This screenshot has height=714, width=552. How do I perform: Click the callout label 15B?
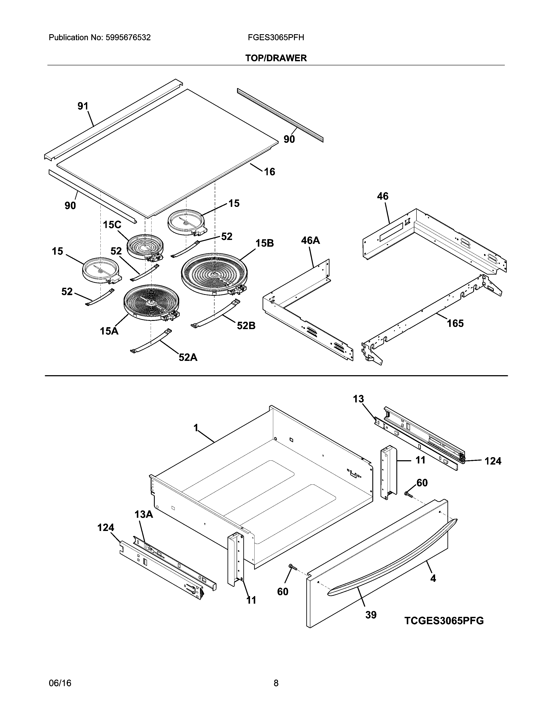pyautogui.click(x=264, y=243)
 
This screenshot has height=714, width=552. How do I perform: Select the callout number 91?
pyautogui.click(x=83, y=106)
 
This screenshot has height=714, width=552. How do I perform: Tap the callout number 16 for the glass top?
pyautogui.click(x=270, y=172)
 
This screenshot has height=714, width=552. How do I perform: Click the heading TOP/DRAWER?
pyautogui.click(x=276, y=58)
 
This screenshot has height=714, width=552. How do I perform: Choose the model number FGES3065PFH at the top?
pyautogui.click(x=276, y=38)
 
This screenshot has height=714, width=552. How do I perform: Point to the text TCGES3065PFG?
pyautogui.click(x=444, y=621)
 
